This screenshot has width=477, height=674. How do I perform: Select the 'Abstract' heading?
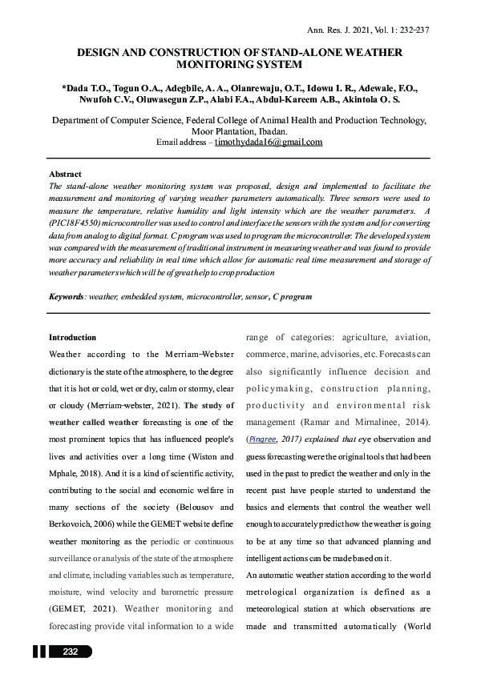65,174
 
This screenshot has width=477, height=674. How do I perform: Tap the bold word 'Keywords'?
67,296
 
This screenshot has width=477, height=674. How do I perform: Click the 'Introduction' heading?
73,338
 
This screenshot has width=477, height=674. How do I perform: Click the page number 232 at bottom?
70,652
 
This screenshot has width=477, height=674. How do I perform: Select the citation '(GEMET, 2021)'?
79,608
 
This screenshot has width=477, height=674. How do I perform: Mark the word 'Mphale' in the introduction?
67,472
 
